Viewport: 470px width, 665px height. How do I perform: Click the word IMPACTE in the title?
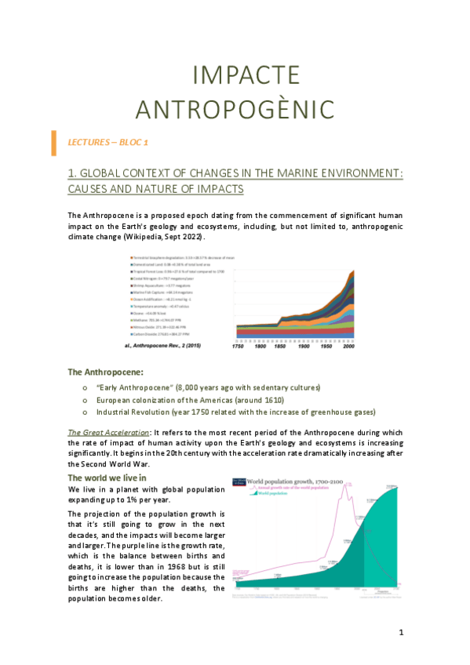coord(235,75)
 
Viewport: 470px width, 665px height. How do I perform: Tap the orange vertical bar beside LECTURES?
coord(53,143)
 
